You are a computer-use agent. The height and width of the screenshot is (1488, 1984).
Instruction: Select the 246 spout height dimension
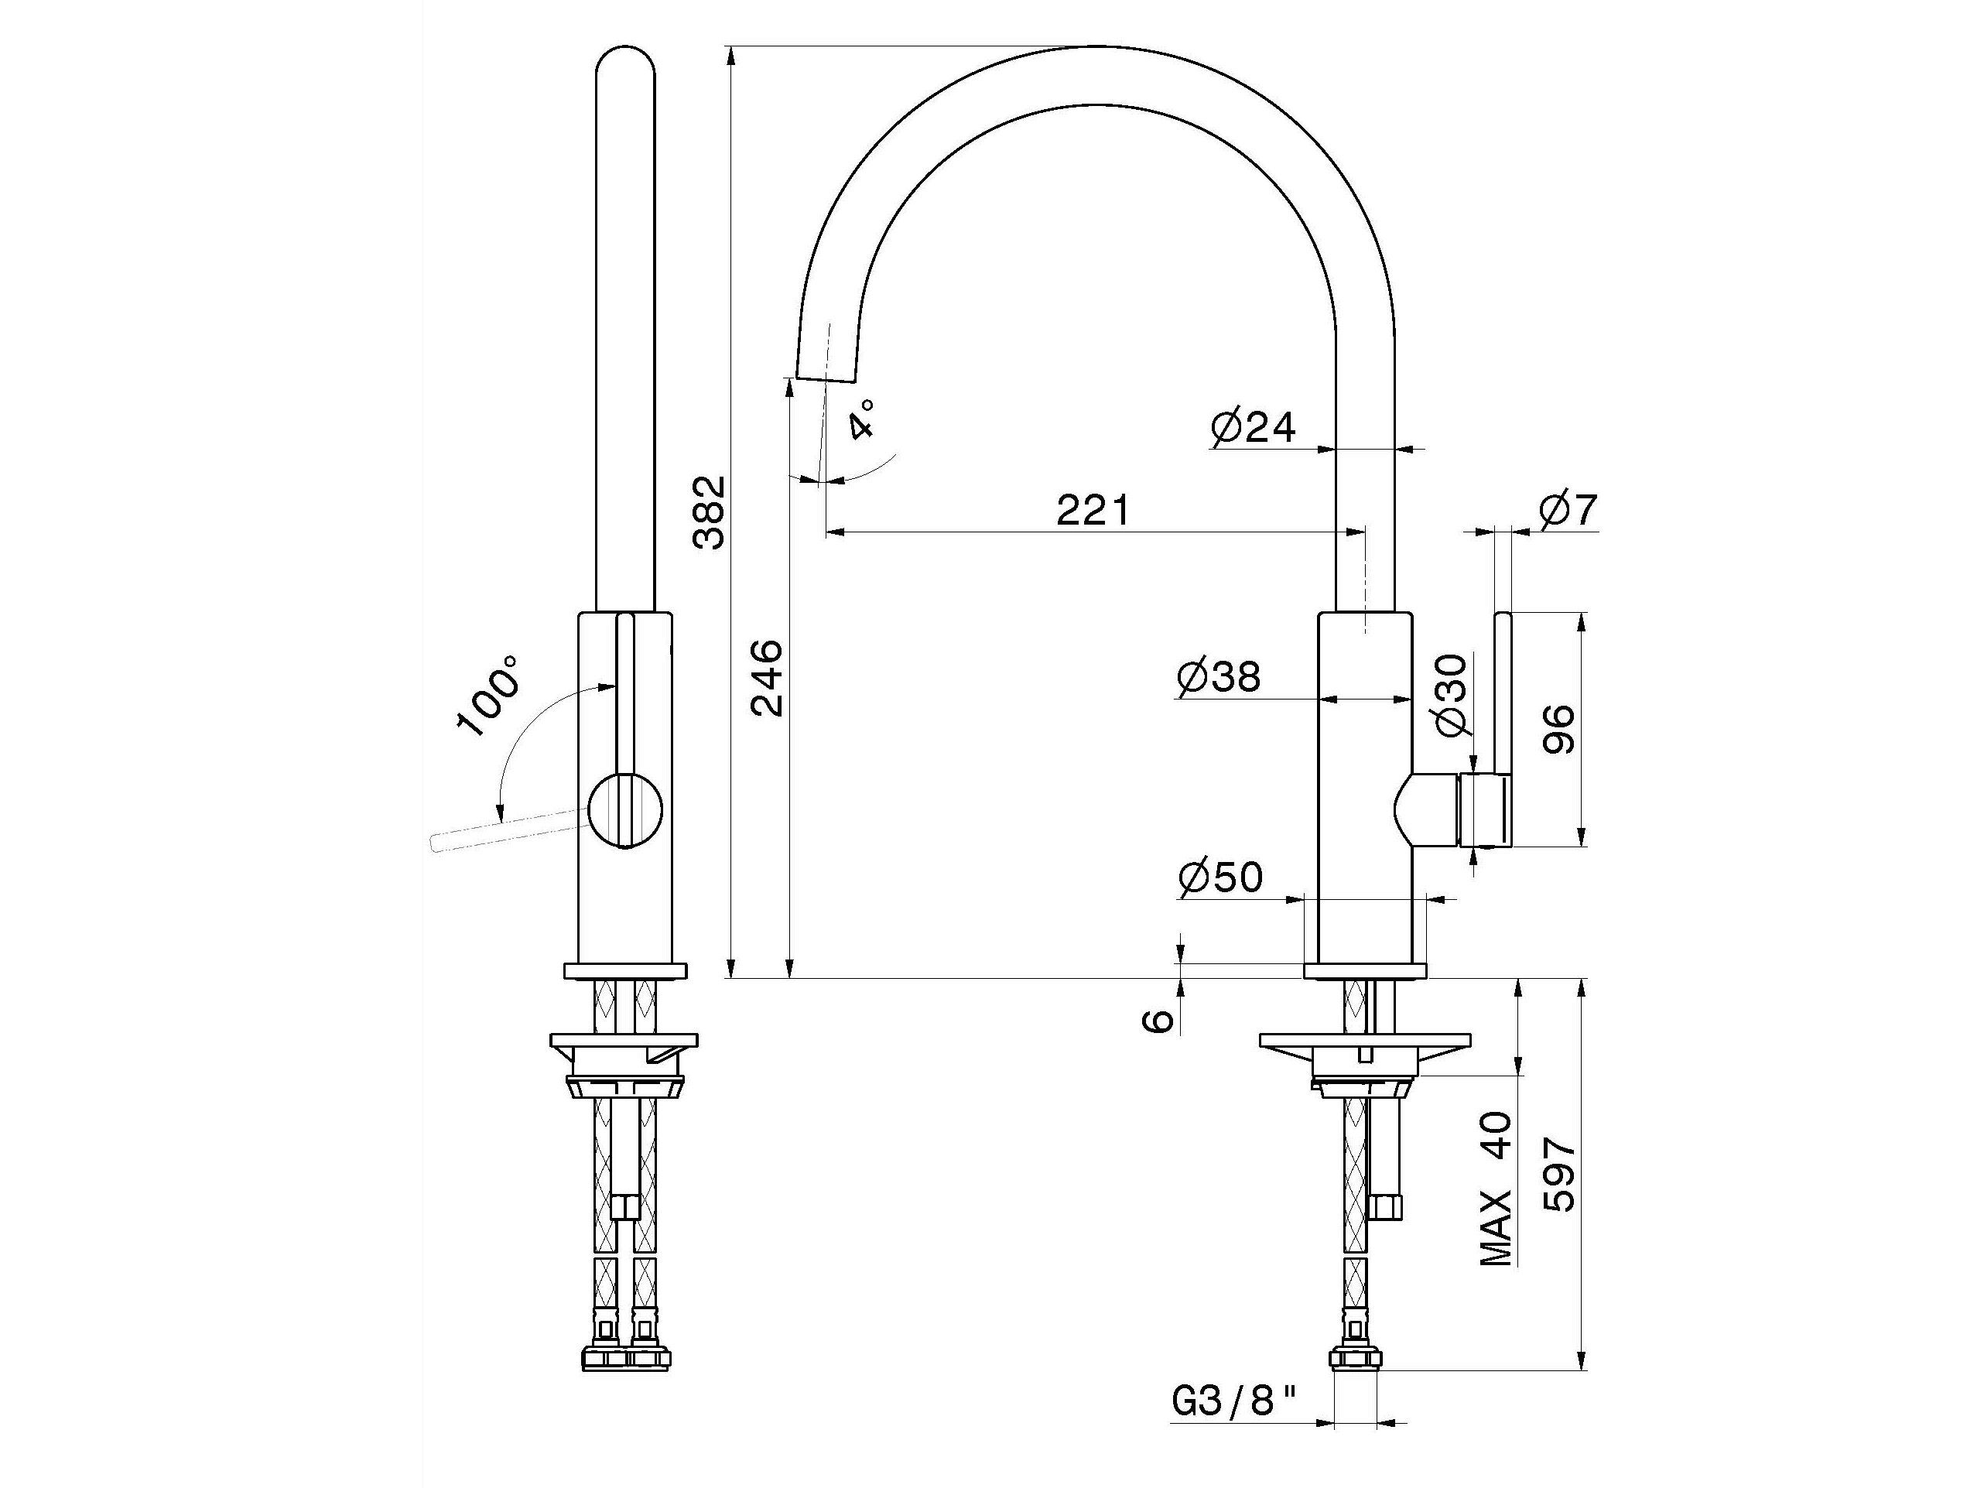767,677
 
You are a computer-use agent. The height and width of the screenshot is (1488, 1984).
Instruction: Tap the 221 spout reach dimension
1093,511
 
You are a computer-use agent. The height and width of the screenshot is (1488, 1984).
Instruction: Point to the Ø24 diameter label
1253,428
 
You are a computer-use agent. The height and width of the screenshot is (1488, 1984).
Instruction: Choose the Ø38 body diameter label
1218,677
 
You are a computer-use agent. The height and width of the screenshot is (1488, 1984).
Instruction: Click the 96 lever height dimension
1560,728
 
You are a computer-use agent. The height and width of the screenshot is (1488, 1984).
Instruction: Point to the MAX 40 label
1496,1188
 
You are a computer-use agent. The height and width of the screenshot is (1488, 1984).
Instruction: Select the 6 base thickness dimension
1161,1020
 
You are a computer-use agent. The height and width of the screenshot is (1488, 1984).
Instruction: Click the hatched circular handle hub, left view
626,810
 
